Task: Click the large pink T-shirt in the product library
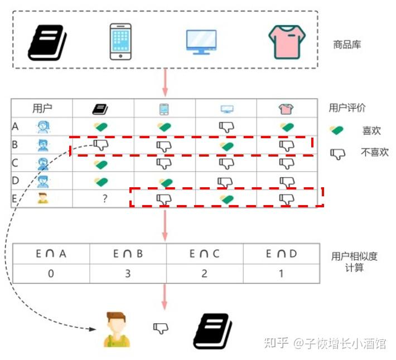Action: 287,42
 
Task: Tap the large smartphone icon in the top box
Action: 120,42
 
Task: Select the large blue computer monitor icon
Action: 201,42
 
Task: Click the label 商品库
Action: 347,45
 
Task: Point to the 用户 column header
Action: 42,108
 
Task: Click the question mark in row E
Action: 105,198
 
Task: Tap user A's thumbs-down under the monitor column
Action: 226,127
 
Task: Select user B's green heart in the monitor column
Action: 226,147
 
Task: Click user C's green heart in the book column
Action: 101,164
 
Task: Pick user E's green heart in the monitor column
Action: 226,199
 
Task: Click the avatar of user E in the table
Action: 43,198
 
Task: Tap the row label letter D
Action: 15,181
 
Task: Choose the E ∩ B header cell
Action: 128,254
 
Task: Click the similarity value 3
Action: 128,274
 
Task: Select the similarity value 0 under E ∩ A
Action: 51,274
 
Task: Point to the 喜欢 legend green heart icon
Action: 336,130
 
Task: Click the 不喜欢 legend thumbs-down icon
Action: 337,154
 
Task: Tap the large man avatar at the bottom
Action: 117,329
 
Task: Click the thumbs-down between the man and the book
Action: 161,328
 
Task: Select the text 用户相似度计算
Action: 354,262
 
